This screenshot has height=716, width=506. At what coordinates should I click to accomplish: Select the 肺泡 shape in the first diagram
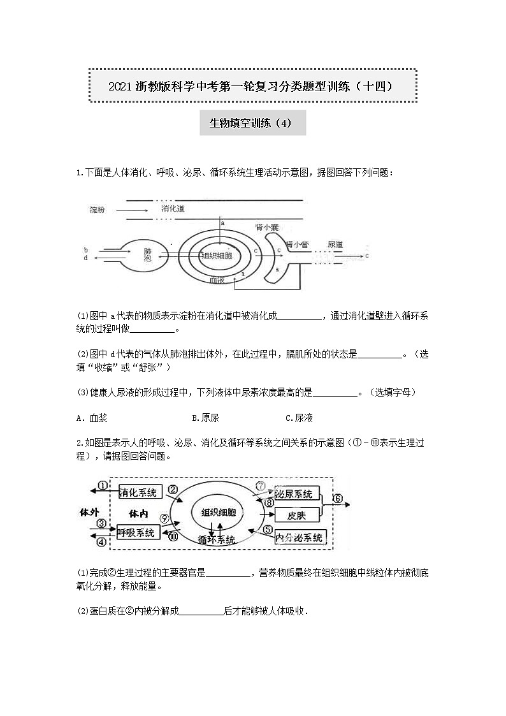[x=147, y=255]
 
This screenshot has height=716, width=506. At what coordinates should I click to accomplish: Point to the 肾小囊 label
[x=266, y=227]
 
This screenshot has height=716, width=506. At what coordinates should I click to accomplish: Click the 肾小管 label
[x=298, y=244]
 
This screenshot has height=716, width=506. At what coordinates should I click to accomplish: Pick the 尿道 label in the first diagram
[x=335, y=244]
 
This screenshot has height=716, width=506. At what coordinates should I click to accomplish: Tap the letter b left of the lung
[x=85, y=249]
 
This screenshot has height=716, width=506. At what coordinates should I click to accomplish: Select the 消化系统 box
[x=138, y=492]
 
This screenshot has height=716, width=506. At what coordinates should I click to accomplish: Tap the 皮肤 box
[x=296, y=515]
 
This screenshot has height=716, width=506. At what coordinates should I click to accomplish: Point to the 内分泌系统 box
[x=300, y=537]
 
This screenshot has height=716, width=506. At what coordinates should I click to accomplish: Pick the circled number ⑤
[x=268, y=529]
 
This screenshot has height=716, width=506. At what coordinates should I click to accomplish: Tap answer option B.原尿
[x=205, y=418]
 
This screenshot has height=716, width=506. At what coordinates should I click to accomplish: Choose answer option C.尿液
[x=299, y=418]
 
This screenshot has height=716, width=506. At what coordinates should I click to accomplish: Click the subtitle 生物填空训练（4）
[x=252, y=123]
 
